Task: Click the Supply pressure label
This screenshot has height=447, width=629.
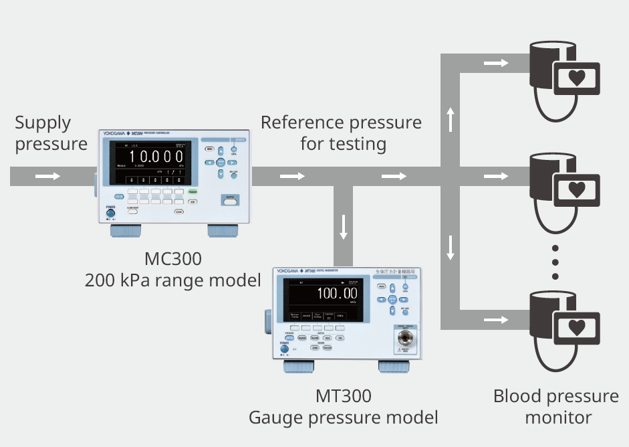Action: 51,133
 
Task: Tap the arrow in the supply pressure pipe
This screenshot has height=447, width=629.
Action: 47,177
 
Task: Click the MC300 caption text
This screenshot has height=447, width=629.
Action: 172,259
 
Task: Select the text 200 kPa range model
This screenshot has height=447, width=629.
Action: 172,280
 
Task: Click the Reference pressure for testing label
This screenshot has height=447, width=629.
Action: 341,133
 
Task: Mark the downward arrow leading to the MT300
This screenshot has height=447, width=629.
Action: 344,227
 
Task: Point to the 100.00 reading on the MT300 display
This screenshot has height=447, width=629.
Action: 336,293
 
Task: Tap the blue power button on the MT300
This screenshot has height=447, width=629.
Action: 284,349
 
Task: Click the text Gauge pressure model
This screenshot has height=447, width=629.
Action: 343,418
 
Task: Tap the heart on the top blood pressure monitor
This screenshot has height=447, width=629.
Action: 576,77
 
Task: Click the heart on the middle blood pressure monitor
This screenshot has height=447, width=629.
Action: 576,188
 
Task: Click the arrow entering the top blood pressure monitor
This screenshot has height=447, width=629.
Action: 495,63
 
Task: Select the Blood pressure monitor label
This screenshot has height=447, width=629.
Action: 556,407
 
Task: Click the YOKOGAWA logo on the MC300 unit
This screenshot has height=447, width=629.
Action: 117,135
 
